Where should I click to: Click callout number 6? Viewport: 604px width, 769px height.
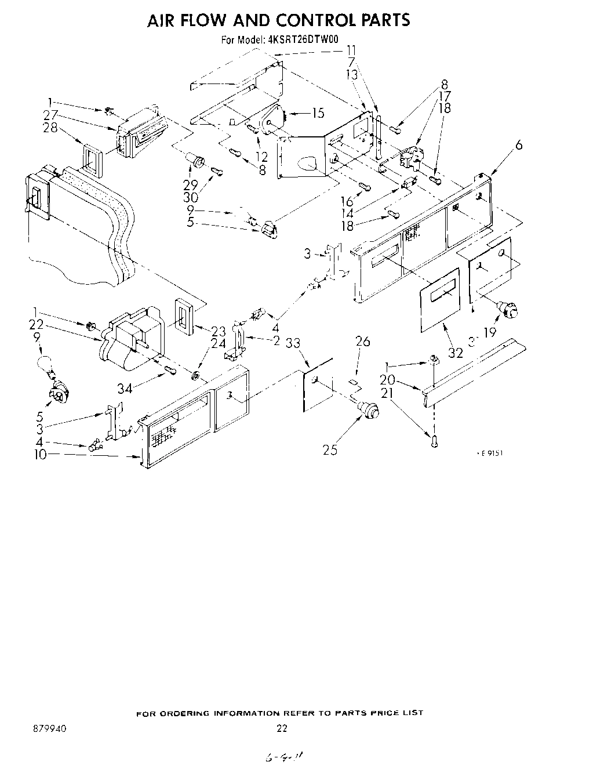click(519, 145)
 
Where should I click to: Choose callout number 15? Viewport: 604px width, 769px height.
click(318, 113)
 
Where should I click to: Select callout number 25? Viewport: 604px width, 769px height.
click(330, 448)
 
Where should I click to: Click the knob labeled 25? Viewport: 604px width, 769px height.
click(368, 409)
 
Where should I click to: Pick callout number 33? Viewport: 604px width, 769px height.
click(293, 343)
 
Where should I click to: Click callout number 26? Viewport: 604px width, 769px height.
click(362, 341)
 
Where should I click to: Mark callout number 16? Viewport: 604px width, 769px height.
click(347, 201)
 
